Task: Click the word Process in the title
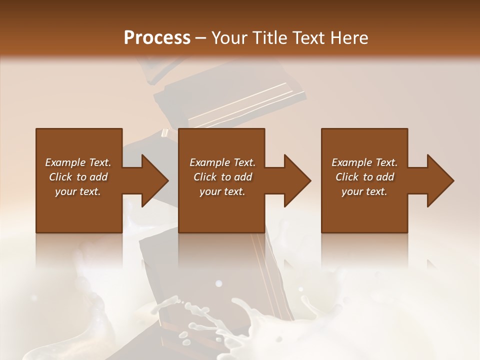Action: click(x=157, y=37)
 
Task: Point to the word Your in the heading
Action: click(x=227, y=37)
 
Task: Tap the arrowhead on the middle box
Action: click(x=297, y=180)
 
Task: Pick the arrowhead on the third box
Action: click(x=440, y=180)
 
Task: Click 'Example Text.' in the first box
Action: click(x=78, y=162)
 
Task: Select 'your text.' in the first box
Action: click(x=78, y=191)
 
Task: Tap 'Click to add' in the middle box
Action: click(x=222, y=177)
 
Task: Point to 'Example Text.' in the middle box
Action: click(x=222, y=162)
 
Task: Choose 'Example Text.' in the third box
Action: click(x=364, y=162)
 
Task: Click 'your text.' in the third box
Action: click(x=364, y=191)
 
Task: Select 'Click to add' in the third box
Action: click(x=364, y=177)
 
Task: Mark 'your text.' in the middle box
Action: click(x=222, y=191)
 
